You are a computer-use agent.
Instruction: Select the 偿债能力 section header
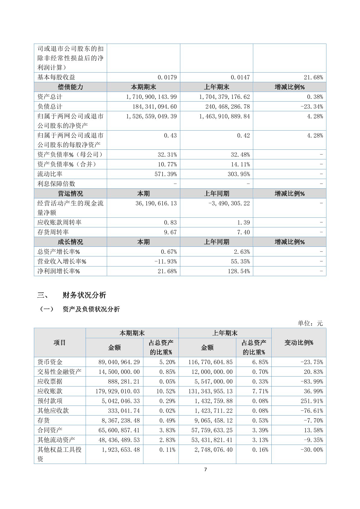tap(70, 87)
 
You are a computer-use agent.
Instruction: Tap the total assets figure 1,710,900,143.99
tap(151, 97)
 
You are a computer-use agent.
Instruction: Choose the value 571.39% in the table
tap(167, 174)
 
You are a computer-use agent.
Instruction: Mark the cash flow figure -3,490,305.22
tap(229, 203)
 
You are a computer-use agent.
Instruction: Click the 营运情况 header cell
tap(70, 194)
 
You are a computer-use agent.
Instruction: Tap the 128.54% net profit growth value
tap(239, 271)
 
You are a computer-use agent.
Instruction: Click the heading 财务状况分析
tap(84, 295)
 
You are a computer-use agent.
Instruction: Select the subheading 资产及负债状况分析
tap(91, 309)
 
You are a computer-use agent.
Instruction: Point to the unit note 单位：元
tap(310, 323)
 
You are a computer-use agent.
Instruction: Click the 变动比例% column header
tap(299, 343)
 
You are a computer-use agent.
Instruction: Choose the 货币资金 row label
tap(50, 362)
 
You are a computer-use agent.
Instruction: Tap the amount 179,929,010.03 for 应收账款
tap(118, 391)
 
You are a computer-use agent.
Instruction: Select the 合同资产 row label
tap(50, 430)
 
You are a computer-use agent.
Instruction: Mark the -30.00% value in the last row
tap(312, 450)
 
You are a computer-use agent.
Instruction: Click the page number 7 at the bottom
tap(206, 470)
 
